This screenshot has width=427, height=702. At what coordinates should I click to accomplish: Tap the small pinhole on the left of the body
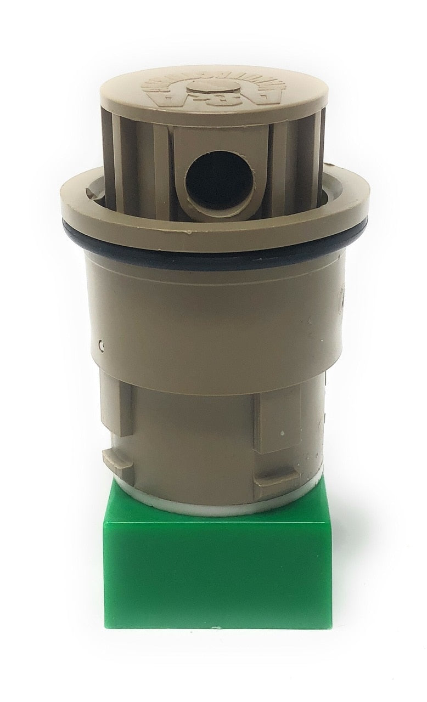pos(102,346)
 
